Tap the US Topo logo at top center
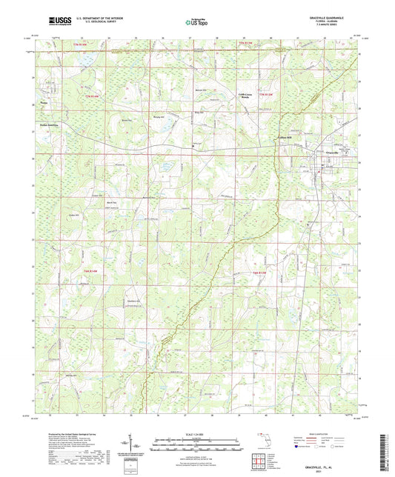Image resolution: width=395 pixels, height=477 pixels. [196, 22]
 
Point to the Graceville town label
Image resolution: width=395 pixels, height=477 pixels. [336, 153]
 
